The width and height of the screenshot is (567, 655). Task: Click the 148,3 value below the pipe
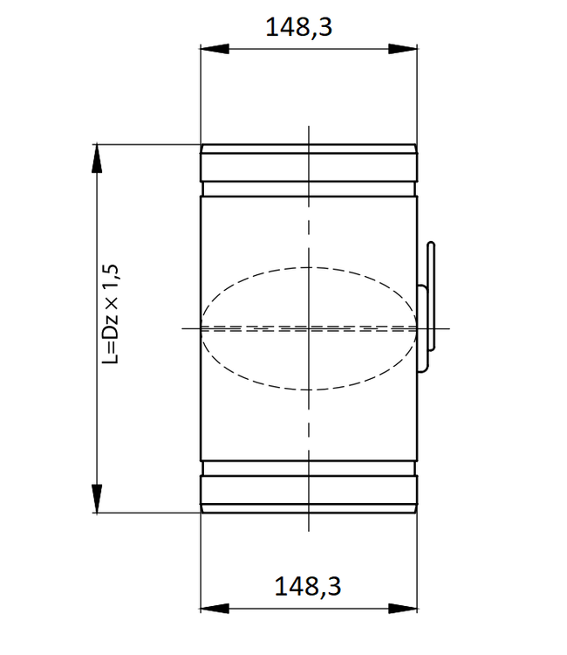308,586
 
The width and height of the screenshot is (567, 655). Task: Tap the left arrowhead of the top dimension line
209,50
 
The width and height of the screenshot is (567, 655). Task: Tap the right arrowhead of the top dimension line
408,50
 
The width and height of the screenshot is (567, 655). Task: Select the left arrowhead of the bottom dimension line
209,608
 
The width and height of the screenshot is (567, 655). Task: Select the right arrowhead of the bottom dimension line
408,608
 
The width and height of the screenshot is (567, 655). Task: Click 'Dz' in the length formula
110,323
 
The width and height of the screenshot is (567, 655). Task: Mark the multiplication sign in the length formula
111,301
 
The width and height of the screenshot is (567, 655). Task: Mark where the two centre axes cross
308,327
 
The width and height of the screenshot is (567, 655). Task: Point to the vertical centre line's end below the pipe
308,529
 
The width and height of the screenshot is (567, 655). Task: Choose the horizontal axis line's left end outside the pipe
184,327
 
